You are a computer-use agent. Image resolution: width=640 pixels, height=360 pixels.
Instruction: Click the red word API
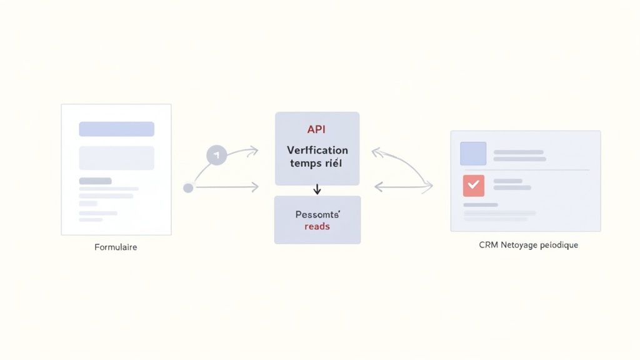(x=317, y=129)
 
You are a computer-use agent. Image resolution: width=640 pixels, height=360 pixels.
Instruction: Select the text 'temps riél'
(x=317, y=163)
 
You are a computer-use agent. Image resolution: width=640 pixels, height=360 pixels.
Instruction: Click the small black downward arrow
(x=317, y=189)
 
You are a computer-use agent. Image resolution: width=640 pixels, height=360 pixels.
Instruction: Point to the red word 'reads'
(x=317, y=226)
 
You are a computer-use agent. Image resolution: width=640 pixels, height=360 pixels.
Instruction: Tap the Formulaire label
(x=116, y=247)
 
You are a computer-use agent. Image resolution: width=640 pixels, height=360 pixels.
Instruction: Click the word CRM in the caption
(x=488, y=245)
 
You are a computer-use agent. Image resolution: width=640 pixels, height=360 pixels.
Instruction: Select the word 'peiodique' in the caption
(x=559, y=245)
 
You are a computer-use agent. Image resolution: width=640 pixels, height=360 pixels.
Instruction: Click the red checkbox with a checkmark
(x=473, y=185)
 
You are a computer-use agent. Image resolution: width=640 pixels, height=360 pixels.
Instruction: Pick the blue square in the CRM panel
(x=473, y=154)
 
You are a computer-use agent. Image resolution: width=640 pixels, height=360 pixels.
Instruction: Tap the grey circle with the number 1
(x=216, y=154)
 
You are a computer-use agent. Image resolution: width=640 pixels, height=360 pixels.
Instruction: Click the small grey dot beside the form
(x=188, y=187)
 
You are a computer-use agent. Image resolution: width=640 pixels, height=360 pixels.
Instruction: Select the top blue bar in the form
(x=116, y=129)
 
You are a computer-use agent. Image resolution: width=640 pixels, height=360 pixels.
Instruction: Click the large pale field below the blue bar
(x=116, y=157)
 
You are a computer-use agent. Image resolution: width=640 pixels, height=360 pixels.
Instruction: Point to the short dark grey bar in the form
(x=95, y=181)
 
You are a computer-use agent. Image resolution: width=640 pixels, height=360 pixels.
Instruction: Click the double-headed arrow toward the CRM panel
(x=403, y=186)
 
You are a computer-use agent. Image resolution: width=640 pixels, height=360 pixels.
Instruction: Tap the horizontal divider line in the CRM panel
(x=525, y=170)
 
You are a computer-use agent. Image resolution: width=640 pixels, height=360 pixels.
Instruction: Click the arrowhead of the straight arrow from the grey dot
(x=256, y=187)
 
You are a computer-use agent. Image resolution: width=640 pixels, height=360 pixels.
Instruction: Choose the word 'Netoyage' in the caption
(x=518, y=245)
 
